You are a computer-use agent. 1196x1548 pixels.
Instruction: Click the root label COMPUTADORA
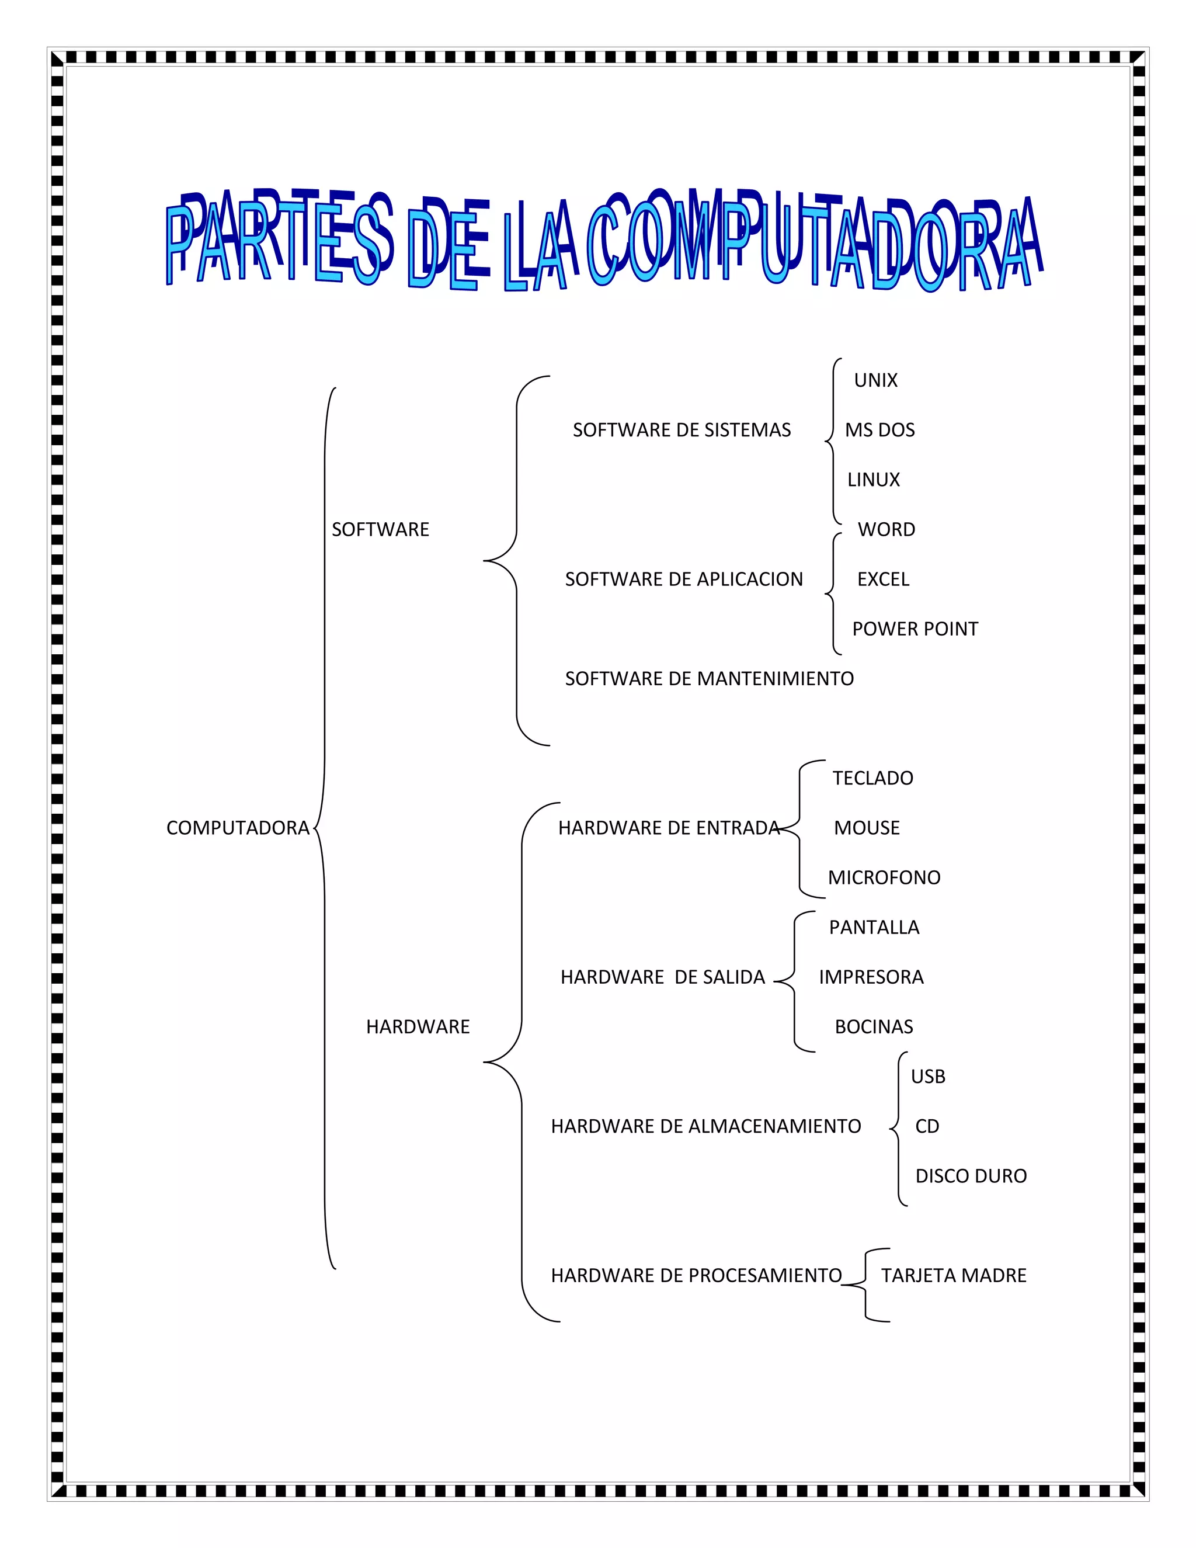pos(237,828)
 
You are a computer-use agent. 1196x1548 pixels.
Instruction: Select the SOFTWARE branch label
pos(381,529)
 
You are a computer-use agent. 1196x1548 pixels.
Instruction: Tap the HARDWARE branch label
pos(418,1027)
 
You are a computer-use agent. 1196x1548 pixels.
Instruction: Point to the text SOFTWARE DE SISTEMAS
pos(682,431)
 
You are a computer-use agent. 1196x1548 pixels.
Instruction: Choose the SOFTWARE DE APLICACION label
pos(684,579)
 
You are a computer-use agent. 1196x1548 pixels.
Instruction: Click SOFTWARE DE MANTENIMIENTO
pos(709,679)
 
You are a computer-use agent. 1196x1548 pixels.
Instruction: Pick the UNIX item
pos(876,381)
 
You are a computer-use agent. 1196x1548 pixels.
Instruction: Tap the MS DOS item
pos(880,431)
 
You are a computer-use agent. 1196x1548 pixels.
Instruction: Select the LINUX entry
pos(874,480)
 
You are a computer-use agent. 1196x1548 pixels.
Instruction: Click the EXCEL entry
pos(883,579)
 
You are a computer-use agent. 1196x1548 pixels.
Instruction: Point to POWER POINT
pos(915,629)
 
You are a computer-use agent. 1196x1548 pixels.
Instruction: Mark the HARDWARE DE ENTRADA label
pos(668,828)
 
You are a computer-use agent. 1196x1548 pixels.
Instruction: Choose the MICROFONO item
pos(884,877)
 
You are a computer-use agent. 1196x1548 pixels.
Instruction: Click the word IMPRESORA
pos(871,977)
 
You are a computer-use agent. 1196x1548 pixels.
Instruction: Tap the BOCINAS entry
pos(874,1027)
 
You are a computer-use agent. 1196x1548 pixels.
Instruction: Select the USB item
pos(928,1077)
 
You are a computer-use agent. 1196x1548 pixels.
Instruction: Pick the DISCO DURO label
pos(971,1176)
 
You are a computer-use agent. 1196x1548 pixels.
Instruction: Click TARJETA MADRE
pos(954,1276)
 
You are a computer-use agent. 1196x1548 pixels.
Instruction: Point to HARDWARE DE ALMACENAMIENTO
pos(705,1126)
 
